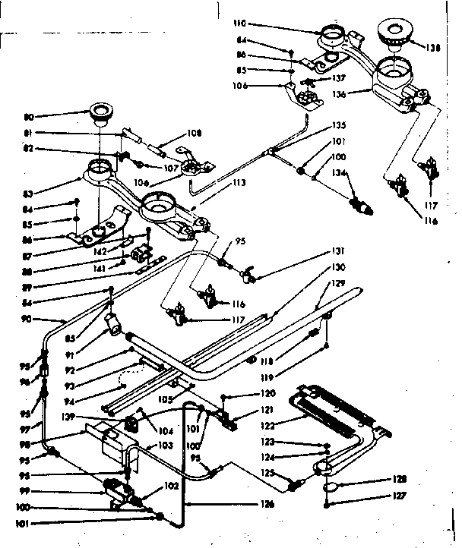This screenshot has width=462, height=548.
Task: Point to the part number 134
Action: (x=337, y=175)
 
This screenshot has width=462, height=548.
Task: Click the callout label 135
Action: (x=338, y=125)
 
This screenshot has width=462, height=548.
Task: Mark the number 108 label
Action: (x=194, y=133)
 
